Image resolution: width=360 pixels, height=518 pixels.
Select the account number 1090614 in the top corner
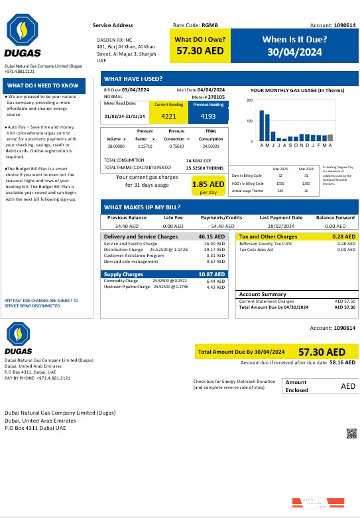pyautogui.click(x=341, y=25)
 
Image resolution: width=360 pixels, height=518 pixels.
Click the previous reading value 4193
pyautogui.click(x=208, y=117)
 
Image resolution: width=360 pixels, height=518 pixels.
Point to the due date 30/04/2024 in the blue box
pyautogui.click(x=294, y=52)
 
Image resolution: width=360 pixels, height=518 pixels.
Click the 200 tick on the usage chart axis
pyautogui.click(x=249, y=101)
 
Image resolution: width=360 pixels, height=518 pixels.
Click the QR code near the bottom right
pyautogui.click(x=351, y=433)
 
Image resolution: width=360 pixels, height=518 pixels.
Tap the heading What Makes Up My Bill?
pyautogui.click(x=142, y=206)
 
